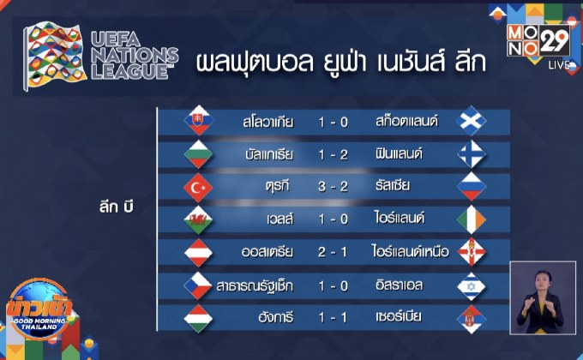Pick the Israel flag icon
tap(471, 285)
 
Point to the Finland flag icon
tap(471, 154)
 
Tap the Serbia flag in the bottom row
tap(471, 316)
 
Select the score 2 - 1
tap(332, 252)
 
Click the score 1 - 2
tap(332, 154)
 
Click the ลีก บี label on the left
tap(117, 207)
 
